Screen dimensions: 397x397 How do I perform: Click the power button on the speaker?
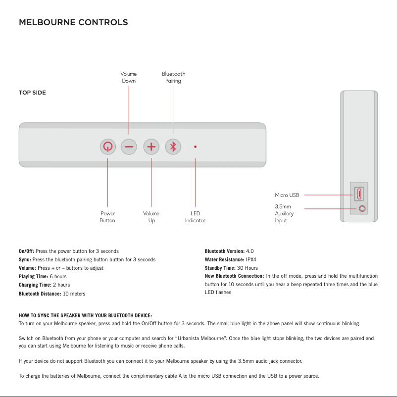pos(107,147)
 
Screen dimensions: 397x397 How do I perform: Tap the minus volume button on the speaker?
pos(129,147)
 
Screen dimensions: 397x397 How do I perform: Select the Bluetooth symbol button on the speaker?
pos(173,147)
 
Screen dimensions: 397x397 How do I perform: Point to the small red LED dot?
pos(196,147)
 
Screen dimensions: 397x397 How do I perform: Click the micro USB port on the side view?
pos(359,193)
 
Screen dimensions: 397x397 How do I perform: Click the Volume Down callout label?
pos(129,77)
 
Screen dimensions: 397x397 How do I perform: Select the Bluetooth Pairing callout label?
pos(173,77)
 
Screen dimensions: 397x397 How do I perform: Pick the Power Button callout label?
pos(107,217)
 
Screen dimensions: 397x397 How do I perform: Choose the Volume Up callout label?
pos(151,217)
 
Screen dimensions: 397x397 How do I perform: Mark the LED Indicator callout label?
pos(195,217)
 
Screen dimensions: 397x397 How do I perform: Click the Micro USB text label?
pos(287,195)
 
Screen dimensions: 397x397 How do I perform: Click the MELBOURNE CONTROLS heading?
pos(73,23)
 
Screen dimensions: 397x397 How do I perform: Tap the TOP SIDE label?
pos(32,93)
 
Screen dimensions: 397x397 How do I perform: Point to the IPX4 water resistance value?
pos(251,259)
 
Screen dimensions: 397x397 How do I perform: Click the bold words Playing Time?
pos(33,276)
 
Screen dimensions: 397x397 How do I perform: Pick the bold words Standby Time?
pos(220,268)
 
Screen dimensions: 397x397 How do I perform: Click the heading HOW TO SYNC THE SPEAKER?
pos(85,315)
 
